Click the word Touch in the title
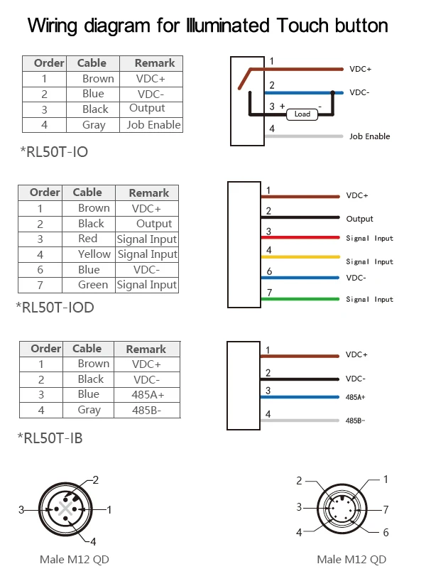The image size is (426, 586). (x=310, y=26)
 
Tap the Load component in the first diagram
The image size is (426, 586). (x=302, y=114)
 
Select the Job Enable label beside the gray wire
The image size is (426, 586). (x=369, y=136)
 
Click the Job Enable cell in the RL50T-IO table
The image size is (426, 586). (x=153, y=125)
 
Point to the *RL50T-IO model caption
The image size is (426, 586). (x=54, y=152)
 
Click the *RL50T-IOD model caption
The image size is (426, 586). (x=55, y=308)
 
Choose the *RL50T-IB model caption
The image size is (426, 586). (x=50, y=438)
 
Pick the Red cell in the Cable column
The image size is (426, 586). (x=88, y=239)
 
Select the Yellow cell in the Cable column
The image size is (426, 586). (x=94, y=254)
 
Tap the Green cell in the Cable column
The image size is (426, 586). (x=93, y=285)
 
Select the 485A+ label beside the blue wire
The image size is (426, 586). (x=355, y=398)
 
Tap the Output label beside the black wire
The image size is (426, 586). (x=359, y=219)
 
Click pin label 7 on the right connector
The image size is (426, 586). (x=386, y=509)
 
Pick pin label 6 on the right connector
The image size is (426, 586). (x=386, y=532)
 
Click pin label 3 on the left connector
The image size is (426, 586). (x=22, y=509)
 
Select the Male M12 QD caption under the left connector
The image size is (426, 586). (x=75, y=559)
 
